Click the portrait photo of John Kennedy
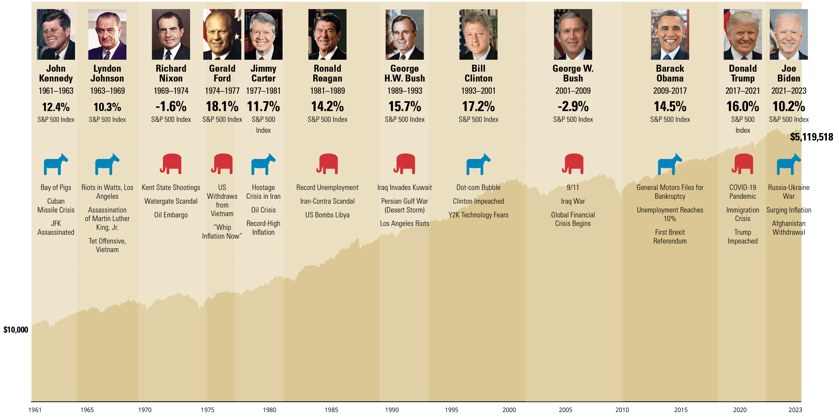click(56, 34)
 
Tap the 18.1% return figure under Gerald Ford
click(222, 107)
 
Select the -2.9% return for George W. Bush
click(573, 107)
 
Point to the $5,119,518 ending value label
click(811, 137)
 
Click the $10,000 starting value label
click(16, 330)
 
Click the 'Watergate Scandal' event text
click(171, 201)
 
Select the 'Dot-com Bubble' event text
click(478, 187)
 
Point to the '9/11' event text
click(573, 187)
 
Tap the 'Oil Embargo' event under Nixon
click(171, 215)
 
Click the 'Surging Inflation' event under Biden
click(789, 210)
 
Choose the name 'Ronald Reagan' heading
click(327, 73)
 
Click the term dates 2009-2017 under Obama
click(670, 91)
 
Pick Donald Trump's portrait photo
click(743, 34)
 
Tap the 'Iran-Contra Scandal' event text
click(327, 201)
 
